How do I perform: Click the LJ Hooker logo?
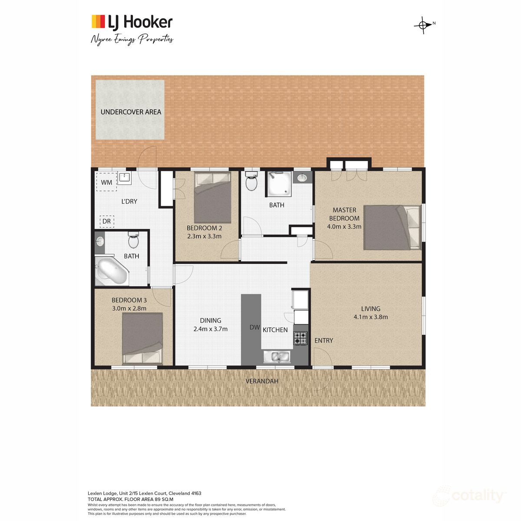tap(132, 22)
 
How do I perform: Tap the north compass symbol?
tap(422, 25)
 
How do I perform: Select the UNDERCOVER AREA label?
tap(131, 112)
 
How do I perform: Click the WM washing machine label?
tap(106, 182)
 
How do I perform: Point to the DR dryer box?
tap(106, 221)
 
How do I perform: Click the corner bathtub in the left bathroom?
tap(110, 271)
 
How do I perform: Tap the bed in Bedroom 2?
tap(212, 198)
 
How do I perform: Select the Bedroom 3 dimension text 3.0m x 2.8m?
tap(129, 308)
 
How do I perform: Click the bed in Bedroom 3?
tap(142, 338)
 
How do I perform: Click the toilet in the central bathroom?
tap(251, 181)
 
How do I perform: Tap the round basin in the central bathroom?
tap(302, 177)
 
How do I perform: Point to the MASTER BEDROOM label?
tap(344, 214)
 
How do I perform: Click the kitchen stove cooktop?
tap(300, 338)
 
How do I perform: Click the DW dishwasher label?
tap(254, 327)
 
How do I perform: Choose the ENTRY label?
tap(323, 340)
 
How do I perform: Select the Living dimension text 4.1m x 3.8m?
tap(370, 317)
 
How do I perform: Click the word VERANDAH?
tap(262, 381)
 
